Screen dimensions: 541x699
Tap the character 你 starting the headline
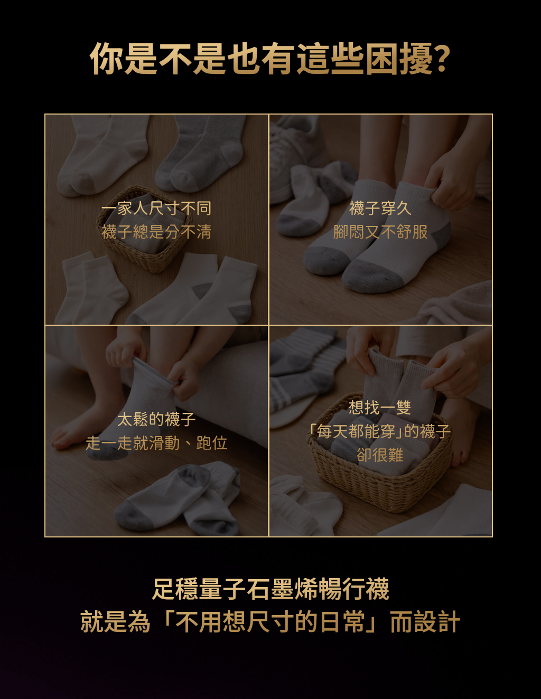(x=107, y=59)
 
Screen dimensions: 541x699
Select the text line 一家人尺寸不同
(x=156, y=209)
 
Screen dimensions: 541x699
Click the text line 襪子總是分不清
(x=156, y=232)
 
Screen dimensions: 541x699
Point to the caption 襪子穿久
(x=380, y=208)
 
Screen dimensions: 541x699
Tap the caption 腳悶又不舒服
(x=380, y=232)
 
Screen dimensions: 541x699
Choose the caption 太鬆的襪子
(x=156, y=419)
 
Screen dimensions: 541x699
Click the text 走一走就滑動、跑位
(x=156, y=443)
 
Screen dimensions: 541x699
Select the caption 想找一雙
(x=380, y=408)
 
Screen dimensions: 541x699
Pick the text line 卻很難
(x=380, y=455)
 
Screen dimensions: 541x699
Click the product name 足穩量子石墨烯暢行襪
(x=270, y=589)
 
